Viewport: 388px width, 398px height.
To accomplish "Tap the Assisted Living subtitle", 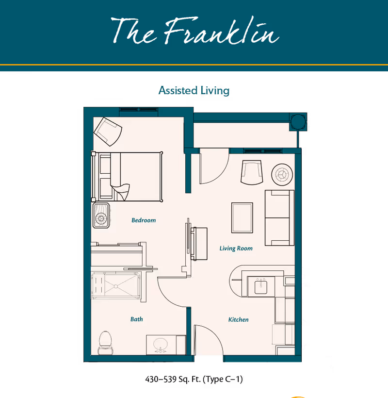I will coord(194,90).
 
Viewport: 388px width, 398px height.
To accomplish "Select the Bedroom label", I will coord(144,220).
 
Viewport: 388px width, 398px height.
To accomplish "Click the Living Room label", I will coord(236,249).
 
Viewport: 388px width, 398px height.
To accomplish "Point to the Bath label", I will coord(137,319).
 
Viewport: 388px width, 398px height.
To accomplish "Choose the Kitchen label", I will coord(239,319).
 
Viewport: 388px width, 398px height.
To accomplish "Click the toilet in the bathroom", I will coord(105,342).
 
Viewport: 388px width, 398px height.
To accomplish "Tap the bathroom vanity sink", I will coord(161,345).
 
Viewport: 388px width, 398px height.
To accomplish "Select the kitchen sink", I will coord(261,286).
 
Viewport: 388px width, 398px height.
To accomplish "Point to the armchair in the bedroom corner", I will coord(108,130).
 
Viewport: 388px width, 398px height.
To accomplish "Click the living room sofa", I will coord(279,217).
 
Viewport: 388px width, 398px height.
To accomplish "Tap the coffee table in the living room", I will coord(242,217).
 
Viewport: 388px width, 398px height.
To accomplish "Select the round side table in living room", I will coord(281,173).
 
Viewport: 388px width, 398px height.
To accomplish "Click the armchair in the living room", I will coord(252,172).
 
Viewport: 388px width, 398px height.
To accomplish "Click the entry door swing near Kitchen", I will coord(207,340).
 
